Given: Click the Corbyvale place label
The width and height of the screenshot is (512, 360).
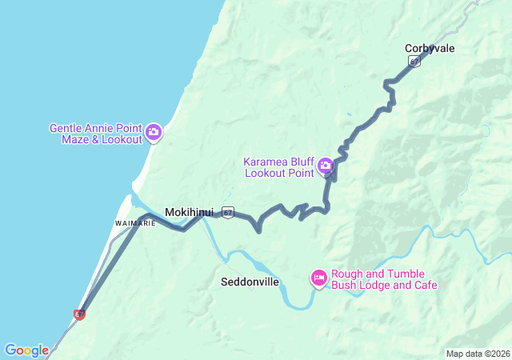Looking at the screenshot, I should click(x=430, y=48).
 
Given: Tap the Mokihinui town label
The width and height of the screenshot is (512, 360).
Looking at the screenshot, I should click(x=189, y=212).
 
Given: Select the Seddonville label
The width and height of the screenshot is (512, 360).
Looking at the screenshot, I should click(x=250, y=282).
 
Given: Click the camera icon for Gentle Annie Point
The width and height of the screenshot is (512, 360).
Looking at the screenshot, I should click(x=154, y=133).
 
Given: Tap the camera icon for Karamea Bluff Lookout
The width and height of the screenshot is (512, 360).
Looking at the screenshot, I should click(x=326, y=166).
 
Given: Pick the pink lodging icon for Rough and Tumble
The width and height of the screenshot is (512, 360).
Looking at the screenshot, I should click(x=318, y=278).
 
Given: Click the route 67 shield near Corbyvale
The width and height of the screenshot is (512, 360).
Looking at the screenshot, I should click(x=414, y=61).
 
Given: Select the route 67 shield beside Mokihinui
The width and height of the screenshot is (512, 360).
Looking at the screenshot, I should click(x=229, y=213).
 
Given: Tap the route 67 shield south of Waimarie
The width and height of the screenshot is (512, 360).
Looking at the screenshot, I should click(x=79, y=314).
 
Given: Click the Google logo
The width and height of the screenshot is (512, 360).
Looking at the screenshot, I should click(x=26, y=350).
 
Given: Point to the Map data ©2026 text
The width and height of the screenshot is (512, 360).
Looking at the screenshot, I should click(x=477, y=354).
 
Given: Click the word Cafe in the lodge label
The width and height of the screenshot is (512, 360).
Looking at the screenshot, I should click(x=424, y=285).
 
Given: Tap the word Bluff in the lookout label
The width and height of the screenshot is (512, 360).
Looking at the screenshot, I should click(x=296, y=161).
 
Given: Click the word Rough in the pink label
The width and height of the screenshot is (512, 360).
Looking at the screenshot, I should click(x=348, y=273).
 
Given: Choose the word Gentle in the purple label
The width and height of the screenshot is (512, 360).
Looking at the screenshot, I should click(x=66, y=128).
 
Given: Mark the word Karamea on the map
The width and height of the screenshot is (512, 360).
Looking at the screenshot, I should click(x=262, y=161).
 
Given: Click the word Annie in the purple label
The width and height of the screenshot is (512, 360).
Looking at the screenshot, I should click(x=102, y=128).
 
